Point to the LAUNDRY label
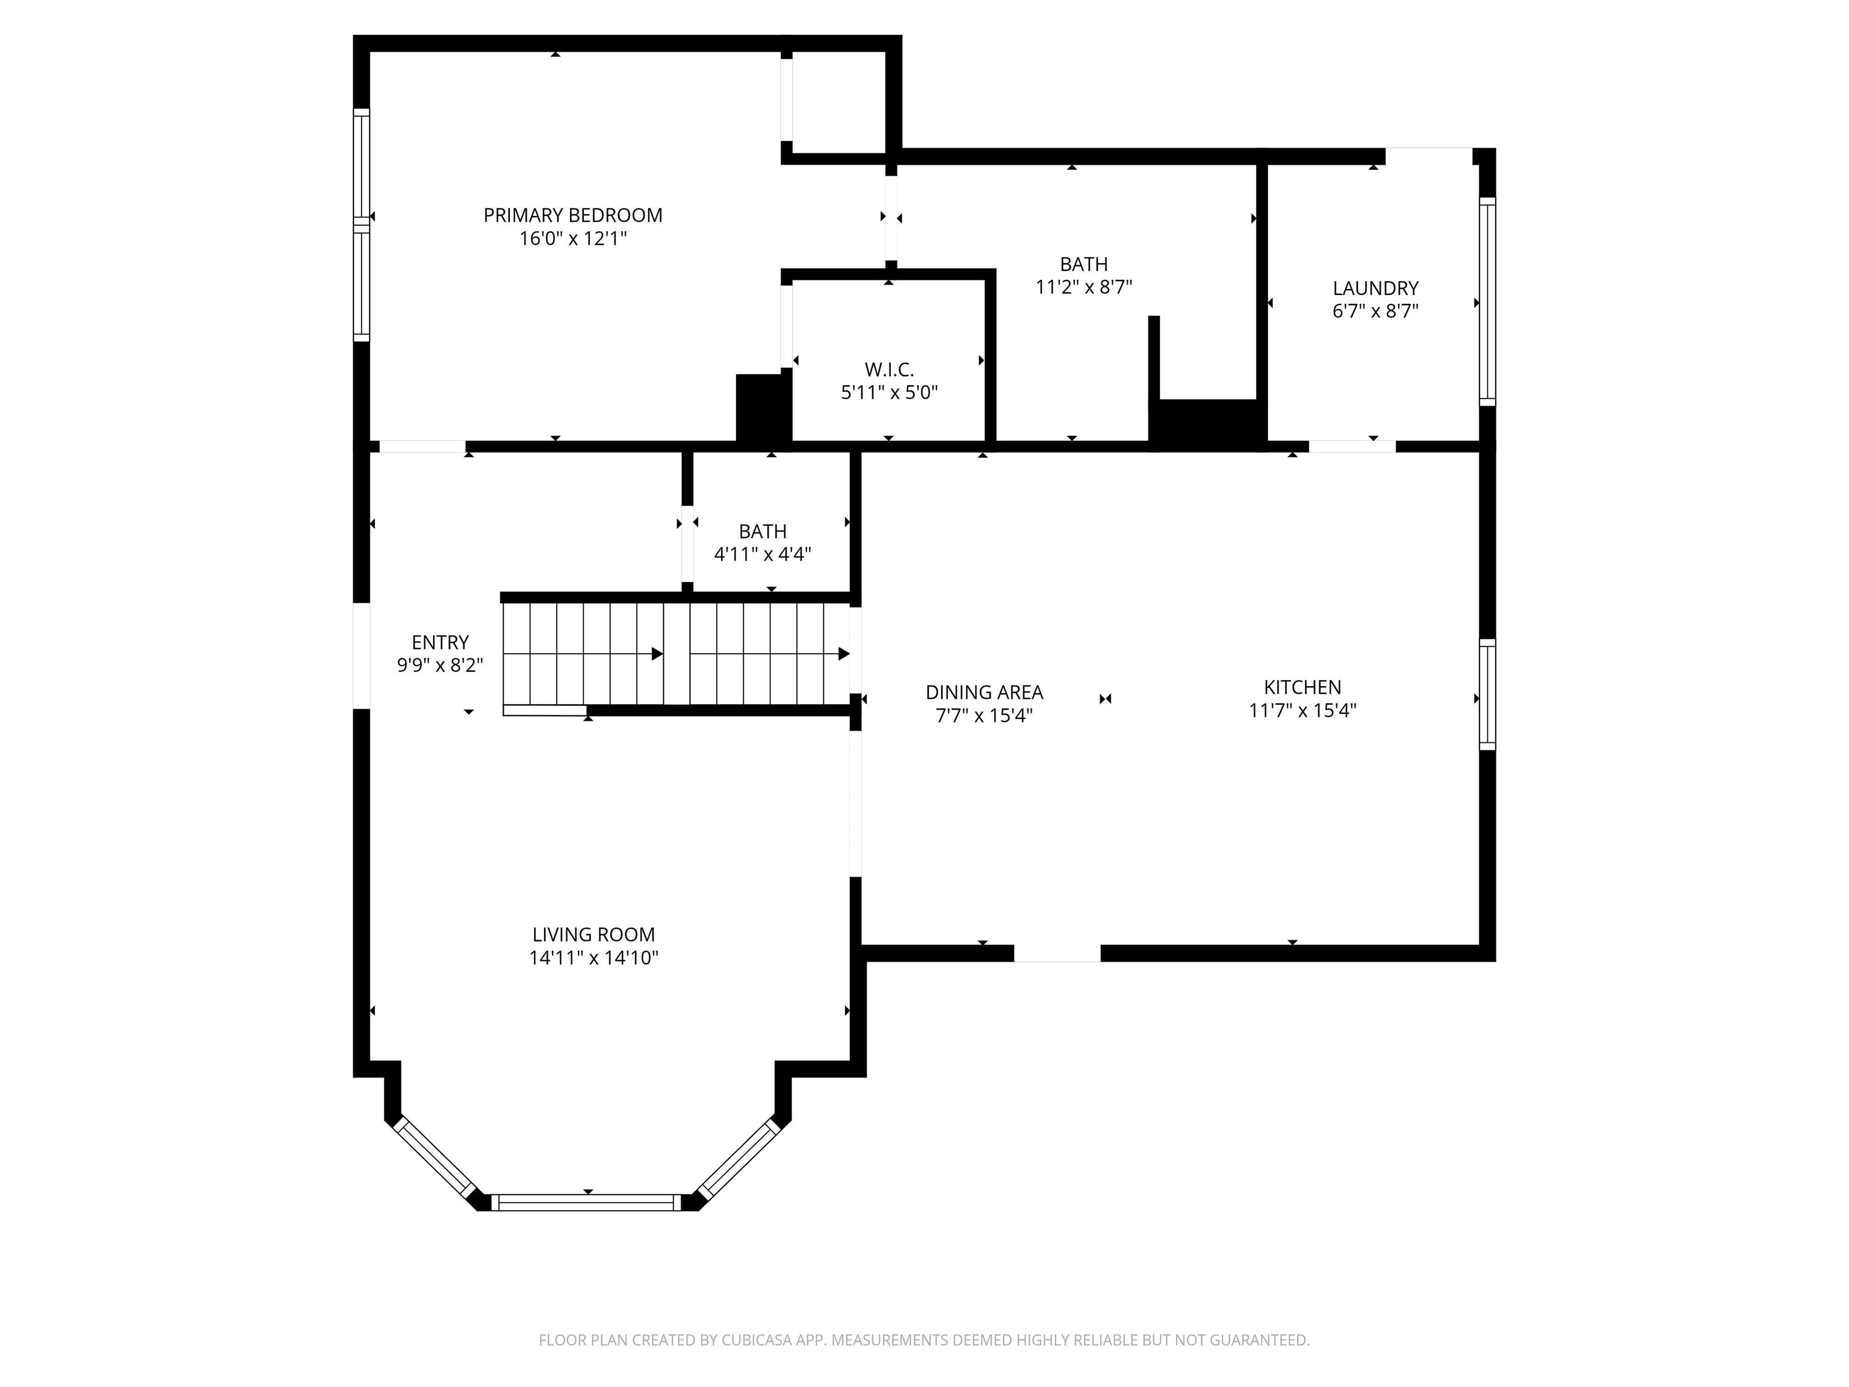[x=1375, y=288]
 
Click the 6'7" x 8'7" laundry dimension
[x=1375, y=311]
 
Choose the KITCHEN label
[x=1301, y=687]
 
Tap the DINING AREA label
[x=984, y=692]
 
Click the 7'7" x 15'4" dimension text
[x=984, y=716]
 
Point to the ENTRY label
[x=440, y=642]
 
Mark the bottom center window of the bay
[x=587, y=1202]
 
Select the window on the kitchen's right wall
[x=1487, y=694]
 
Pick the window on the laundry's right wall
[x=1487, y=302]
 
